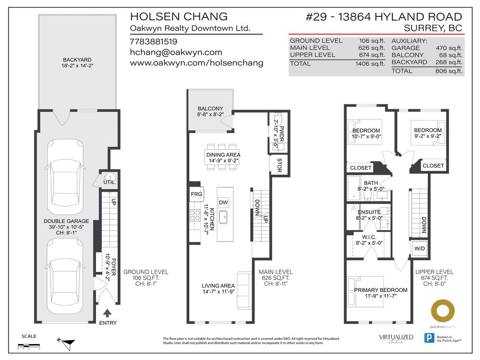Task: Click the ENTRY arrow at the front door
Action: point(107,313)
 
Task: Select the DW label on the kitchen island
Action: point(224,202)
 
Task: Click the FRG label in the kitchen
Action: point(196,194)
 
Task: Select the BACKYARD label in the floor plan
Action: point(77,60)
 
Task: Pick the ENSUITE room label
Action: point(370,212)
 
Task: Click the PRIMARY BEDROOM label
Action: point(380,290)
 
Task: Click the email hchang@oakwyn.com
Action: point(176,52)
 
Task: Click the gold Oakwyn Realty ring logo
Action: point(443,312)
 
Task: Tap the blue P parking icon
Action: point(428,338)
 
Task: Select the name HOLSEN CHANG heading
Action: point(178,17)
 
